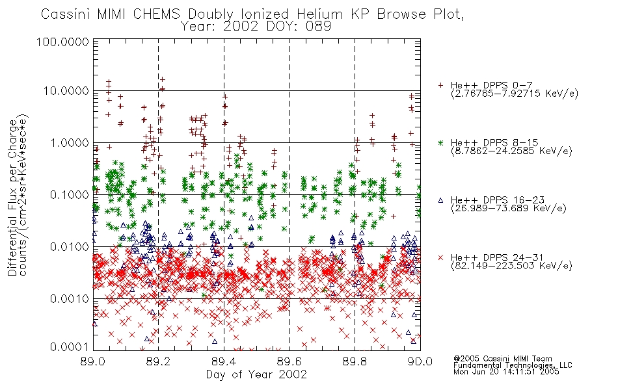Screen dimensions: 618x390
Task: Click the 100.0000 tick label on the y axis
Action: [62, 42]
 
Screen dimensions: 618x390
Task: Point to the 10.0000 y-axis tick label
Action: [66, 91]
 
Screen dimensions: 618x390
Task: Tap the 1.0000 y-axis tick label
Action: [70, 142]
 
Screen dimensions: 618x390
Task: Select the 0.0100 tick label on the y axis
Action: [70, 247]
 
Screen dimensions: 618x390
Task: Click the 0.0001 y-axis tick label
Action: [70, 346]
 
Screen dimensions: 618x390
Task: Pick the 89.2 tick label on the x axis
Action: [158, 361]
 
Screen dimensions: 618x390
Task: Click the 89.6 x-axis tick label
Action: [289, 361]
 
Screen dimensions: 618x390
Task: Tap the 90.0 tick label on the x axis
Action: [420, 361]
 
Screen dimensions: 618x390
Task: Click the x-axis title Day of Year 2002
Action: [256, 374]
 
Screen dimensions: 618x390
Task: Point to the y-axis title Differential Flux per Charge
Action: [13, 198]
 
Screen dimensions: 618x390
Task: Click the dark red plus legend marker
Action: [440, 85]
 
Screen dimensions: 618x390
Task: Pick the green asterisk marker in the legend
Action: [440, 142]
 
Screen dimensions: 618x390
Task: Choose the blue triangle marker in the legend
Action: [440, 200]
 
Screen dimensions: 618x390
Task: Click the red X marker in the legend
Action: [440, 257]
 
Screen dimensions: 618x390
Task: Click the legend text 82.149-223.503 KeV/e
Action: [511, 266]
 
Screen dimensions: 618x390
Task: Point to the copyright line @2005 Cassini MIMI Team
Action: [502, 359]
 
